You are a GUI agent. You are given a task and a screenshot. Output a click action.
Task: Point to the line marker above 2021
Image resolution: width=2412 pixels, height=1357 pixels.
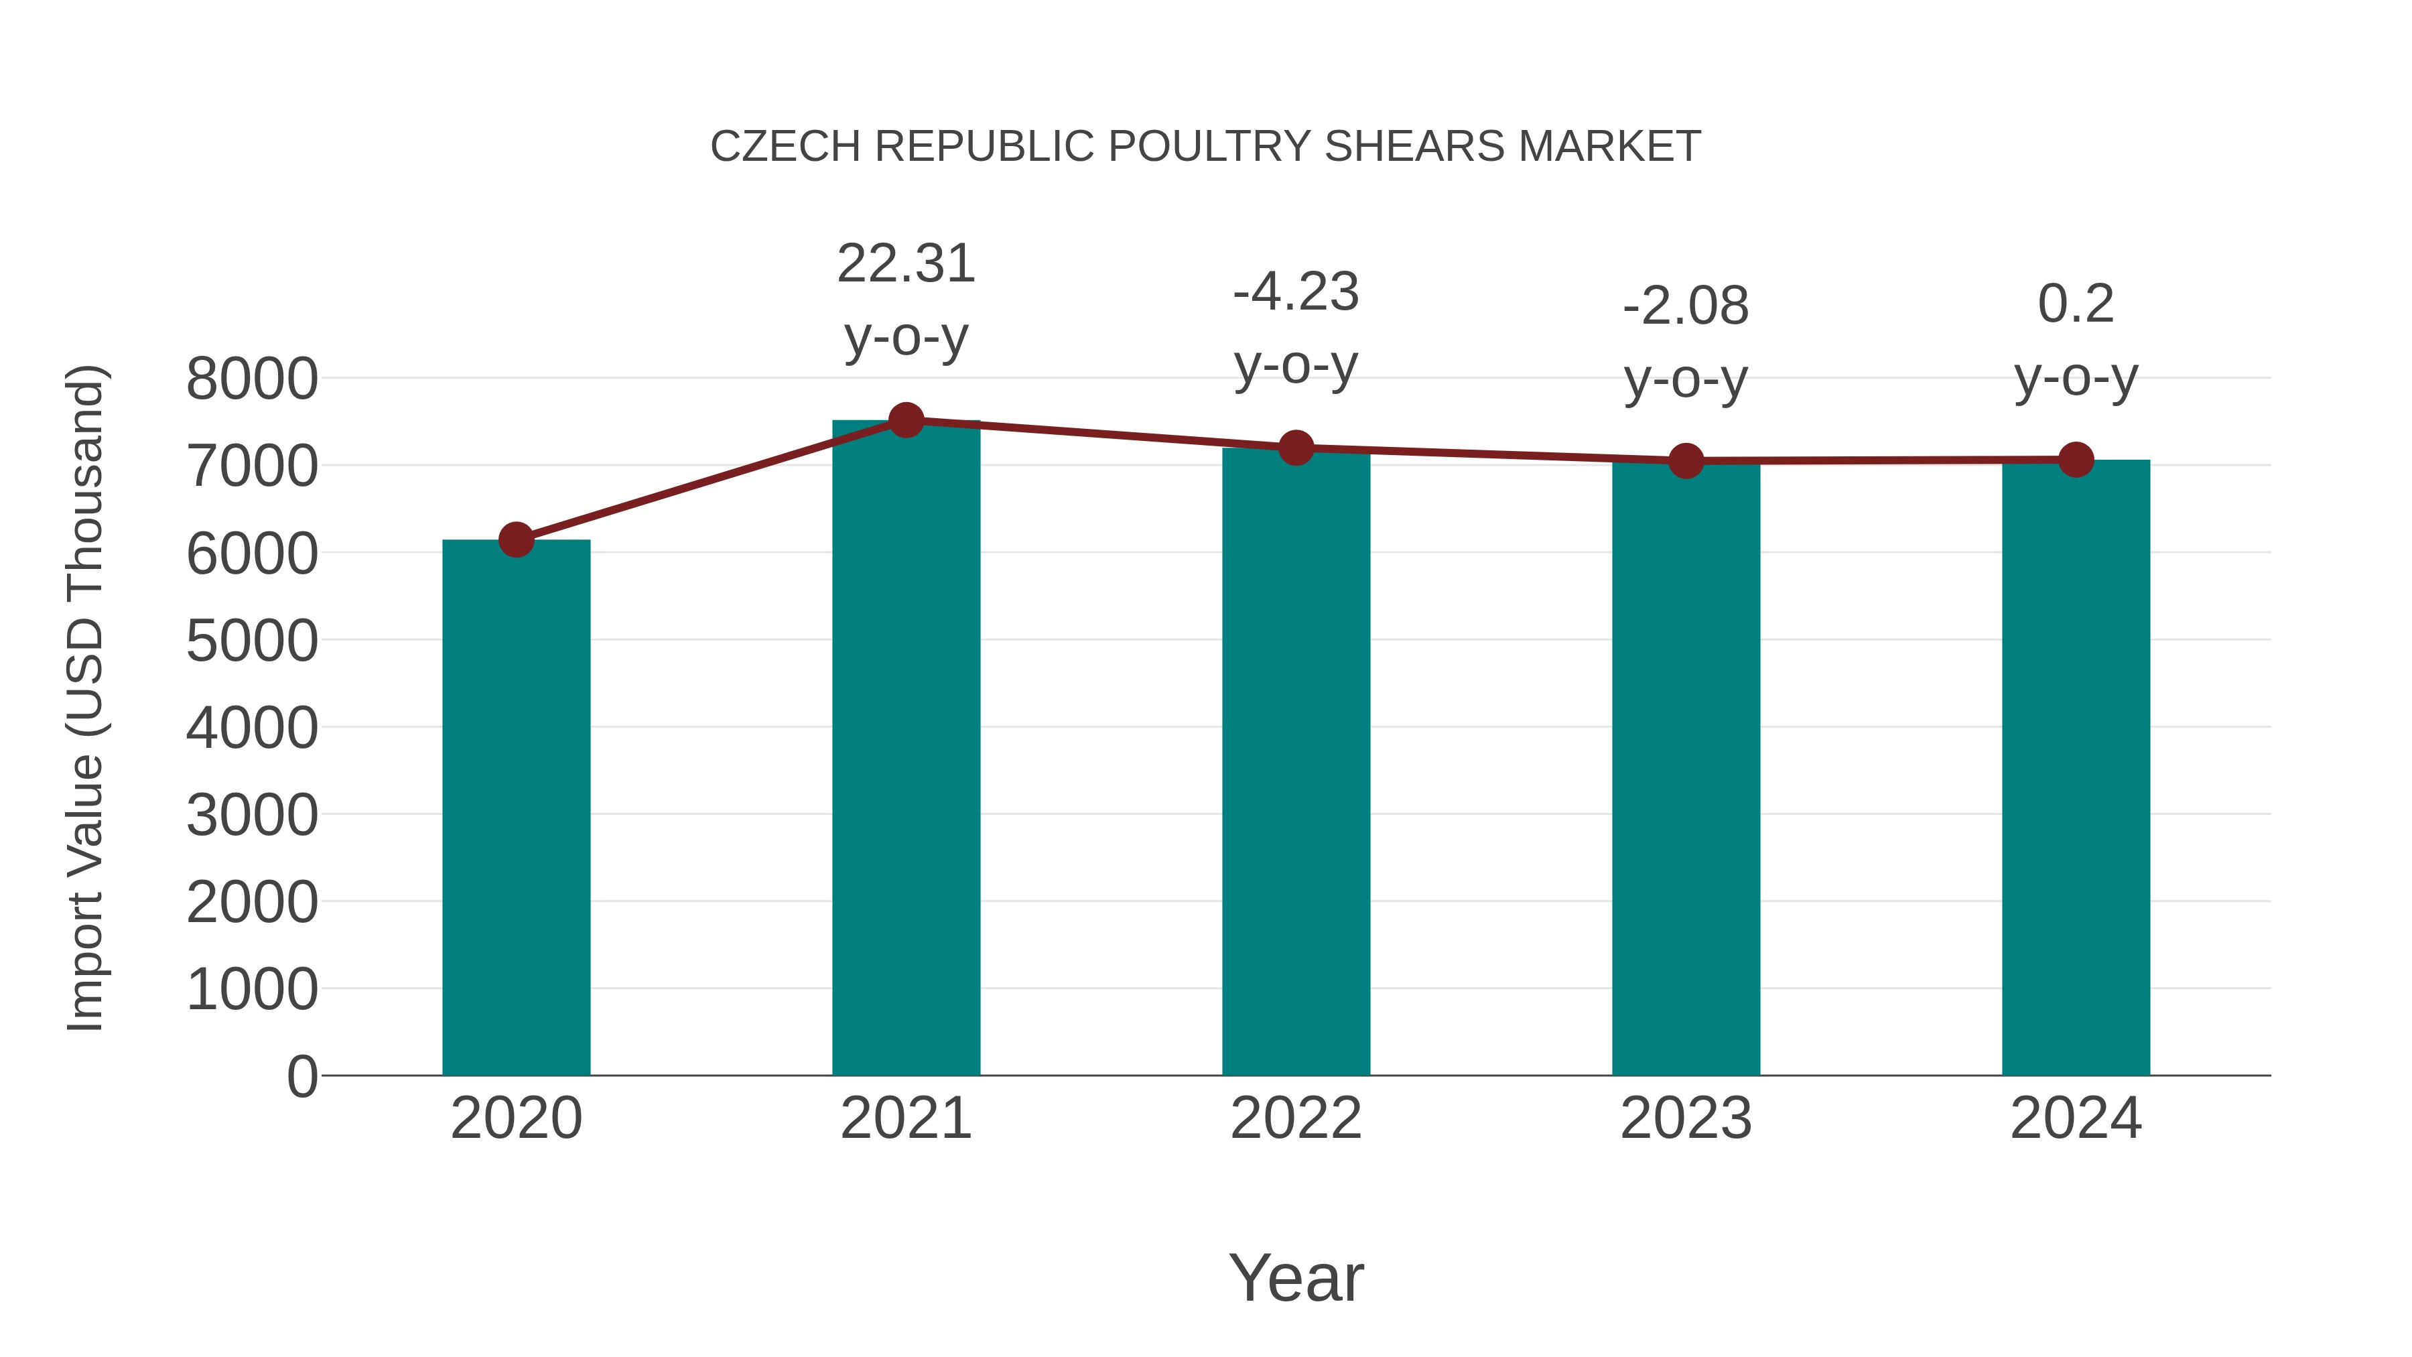tap(907, 420)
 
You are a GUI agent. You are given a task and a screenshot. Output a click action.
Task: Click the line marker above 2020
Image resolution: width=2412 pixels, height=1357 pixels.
tap(516, 539)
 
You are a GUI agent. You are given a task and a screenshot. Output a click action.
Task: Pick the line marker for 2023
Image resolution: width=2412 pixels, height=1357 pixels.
tap(1686, 461)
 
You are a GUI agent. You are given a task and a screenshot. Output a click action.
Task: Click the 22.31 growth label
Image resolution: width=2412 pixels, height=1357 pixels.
tap(907, 264)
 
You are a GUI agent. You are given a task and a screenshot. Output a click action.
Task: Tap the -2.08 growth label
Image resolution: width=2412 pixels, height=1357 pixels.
tap(1686, 306)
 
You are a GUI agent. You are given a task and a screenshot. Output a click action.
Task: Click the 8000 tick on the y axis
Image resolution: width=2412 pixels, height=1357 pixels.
tap(252, 379)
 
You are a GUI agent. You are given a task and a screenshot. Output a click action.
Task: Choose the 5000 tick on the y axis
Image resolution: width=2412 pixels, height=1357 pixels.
tap(252, 641)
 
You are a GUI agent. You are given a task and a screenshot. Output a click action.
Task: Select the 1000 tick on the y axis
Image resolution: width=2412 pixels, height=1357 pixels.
tap(252, 990)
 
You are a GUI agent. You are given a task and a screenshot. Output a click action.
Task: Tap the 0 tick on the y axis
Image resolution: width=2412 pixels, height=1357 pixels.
tap(302, 1077)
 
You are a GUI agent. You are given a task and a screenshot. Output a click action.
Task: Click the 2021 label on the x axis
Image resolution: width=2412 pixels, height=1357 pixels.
tap(907, 1119)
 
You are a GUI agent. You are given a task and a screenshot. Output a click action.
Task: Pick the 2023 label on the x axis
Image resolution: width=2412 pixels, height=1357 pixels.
tap(1686, 1119)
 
